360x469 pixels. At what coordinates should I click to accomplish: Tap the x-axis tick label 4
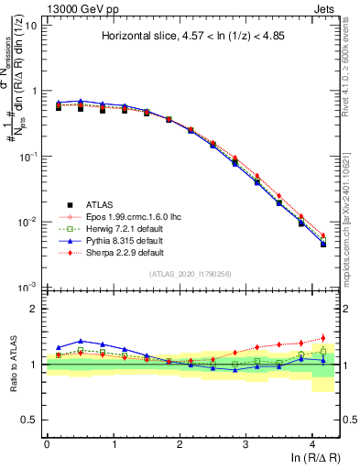(x=312, y=442)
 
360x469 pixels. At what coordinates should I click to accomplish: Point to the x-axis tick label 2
(x=180, y=442)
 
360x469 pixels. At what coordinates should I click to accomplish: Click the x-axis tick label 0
(x=47, y=442)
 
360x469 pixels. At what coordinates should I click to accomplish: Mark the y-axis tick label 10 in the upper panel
(x=30, y=26)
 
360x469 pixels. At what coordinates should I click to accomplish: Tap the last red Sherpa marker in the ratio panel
(x=322, y=338)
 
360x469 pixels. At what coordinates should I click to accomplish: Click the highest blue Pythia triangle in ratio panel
(x=81, y=341)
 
